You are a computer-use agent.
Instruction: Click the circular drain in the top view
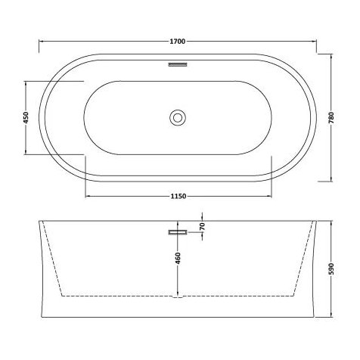click(x=177, y=116)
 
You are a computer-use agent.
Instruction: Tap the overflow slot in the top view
click(x=177, y=65)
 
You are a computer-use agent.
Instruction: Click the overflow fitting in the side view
click(x=177, y=231)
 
